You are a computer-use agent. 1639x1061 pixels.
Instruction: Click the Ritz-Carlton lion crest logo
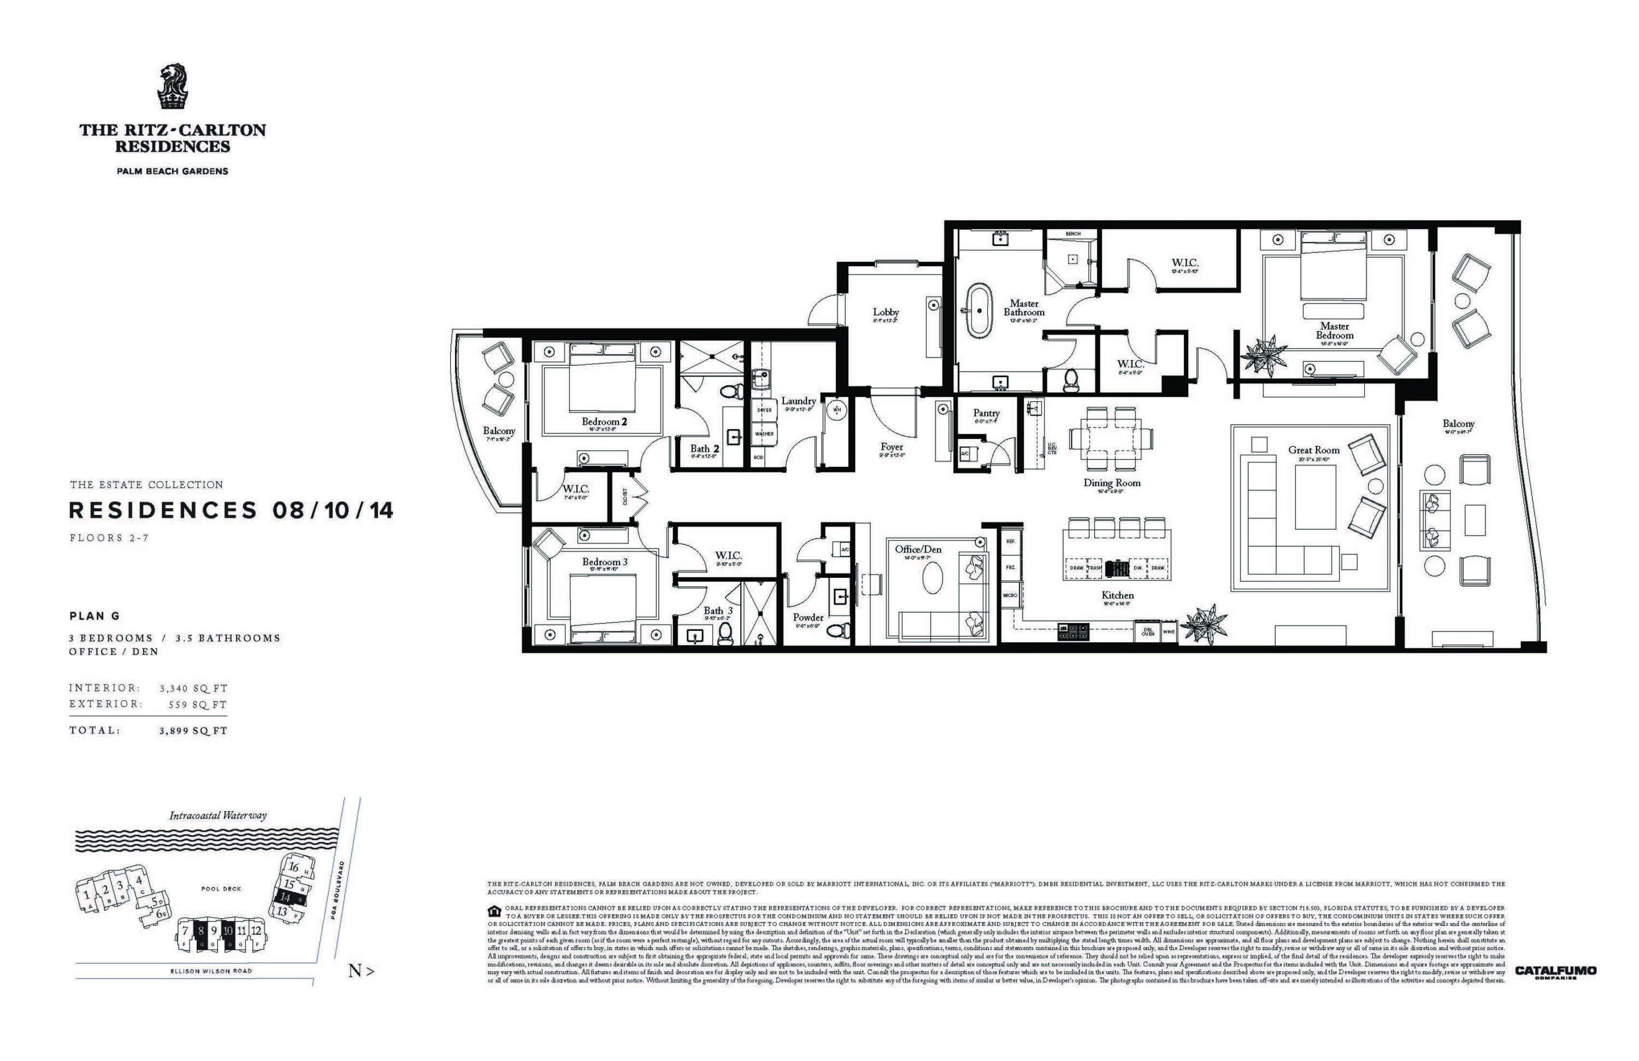[172, 87]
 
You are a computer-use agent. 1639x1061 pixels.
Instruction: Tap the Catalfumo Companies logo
[1555, 972]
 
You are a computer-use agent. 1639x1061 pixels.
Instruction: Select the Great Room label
[1313, 450]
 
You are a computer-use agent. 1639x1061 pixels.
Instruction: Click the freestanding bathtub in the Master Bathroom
[977, 310]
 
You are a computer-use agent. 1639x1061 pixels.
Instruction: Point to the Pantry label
[986, 413]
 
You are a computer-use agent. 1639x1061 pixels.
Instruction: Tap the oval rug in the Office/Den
[933, 576]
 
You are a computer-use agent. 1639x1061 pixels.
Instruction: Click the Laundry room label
[798, 401]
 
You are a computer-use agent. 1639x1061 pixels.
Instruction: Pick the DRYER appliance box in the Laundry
[764, 410]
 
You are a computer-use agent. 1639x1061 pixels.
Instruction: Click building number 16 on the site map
[293, 867]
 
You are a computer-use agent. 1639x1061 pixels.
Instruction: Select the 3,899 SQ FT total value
[193, 730]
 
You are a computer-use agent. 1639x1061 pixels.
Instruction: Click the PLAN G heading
[95, 616]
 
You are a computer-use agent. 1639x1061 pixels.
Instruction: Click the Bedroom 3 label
[605, 561]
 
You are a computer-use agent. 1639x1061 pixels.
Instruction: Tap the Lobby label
[886, 312]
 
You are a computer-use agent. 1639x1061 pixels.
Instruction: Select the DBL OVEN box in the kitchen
[1147, 632]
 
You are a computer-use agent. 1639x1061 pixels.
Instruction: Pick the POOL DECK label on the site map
[221, 889]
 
